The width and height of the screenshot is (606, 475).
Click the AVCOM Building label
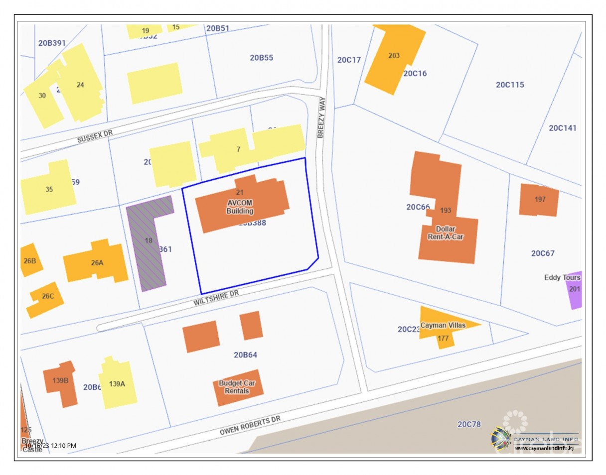240,207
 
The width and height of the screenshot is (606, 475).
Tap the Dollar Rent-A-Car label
445,233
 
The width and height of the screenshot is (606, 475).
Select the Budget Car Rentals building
238,387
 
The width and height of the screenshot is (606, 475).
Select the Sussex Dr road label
95,137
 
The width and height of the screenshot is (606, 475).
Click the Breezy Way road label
320,117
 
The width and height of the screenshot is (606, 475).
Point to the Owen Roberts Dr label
250,427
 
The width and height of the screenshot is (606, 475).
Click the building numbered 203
394,56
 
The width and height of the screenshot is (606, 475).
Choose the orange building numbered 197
539,200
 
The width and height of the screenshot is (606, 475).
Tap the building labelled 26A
97,262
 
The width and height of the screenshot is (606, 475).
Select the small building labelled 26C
46,298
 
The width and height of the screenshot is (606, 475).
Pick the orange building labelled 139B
61,382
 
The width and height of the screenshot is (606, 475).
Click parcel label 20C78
469,424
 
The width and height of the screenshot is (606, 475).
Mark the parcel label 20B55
261,58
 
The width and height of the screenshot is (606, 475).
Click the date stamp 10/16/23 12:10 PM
51,446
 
